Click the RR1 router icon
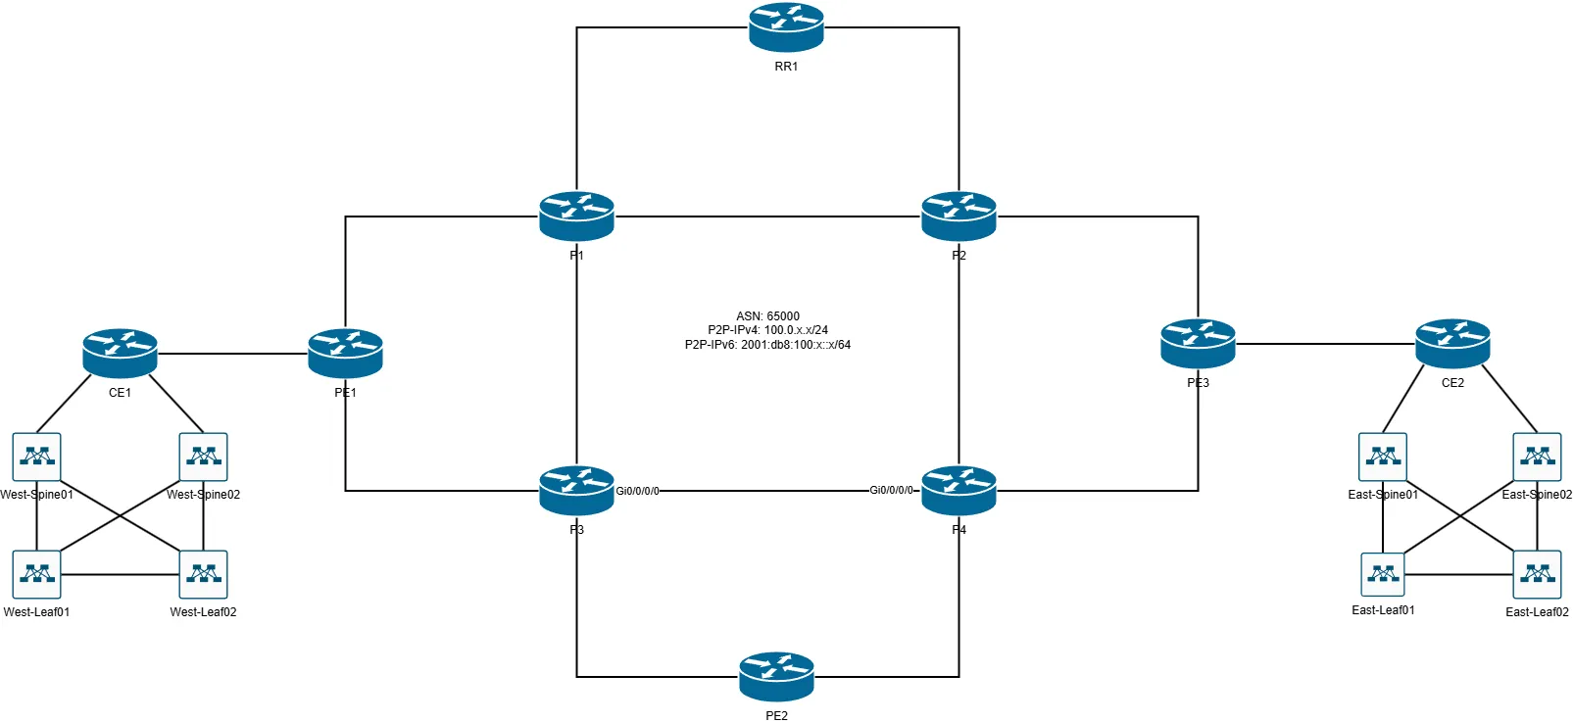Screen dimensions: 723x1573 click(x=786, y=27)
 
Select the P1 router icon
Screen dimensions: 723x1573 click(x=576, y=216)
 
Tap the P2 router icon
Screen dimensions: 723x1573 click(x=959, y=216)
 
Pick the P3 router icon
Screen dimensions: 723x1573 click(x=576, y=490)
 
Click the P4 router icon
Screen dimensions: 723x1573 click(x=959, y=490)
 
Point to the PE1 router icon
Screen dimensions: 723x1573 click(x=345, y=353)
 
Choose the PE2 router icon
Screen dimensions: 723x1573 click(x=776, y=676)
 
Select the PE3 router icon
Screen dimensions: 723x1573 click(x=1198, y=343)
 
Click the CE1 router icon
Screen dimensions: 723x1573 click(x=120, y=353)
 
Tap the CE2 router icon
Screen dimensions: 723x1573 click(x=1452, y=343)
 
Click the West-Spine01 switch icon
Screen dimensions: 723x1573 click(x=36, y=457)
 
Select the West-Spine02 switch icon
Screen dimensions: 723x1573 click(x=203, y=457)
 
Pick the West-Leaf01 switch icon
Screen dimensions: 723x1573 click(x=36, y=574)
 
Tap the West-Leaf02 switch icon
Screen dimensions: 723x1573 click(x=203, y=574)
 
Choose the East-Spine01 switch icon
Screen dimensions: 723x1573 click(x=1383, y=457)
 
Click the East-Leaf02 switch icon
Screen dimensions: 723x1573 click(x=1537, y=574)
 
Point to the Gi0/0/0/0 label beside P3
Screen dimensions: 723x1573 click(x=637, y=491)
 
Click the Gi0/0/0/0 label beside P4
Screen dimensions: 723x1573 click(x=891, y=490)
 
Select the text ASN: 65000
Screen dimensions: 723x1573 click(x=767, y=316)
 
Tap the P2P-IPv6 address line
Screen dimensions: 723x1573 click(x=767, y=345)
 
